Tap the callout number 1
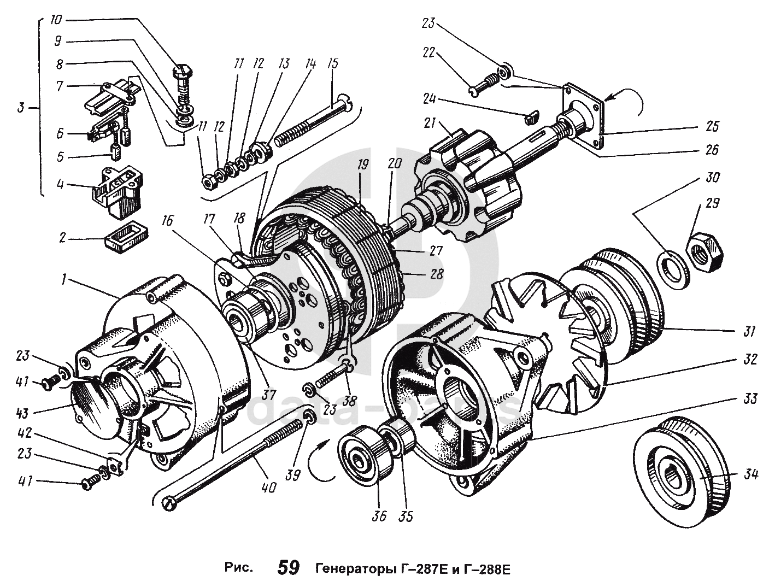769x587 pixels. pos(64,281)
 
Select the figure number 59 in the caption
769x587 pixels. pos(289,568)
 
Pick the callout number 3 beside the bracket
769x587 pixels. pos(20,108)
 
